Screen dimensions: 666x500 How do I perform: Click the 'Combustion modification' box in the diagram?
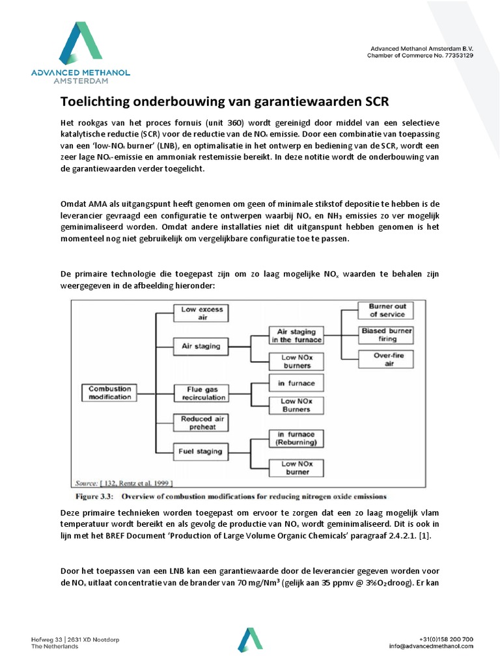(x=110, y=393)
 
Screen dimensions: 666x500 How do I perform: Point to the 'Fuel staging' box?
(x=201, y=451)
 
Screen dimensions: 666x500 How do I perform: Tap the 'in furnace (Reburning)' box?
(x=296, y=438)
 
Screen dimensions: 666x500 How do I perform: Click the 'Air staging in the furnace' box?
(x=296, y=336)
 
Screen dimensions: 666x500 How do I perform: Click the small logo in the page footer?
(x=251, y=640)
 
